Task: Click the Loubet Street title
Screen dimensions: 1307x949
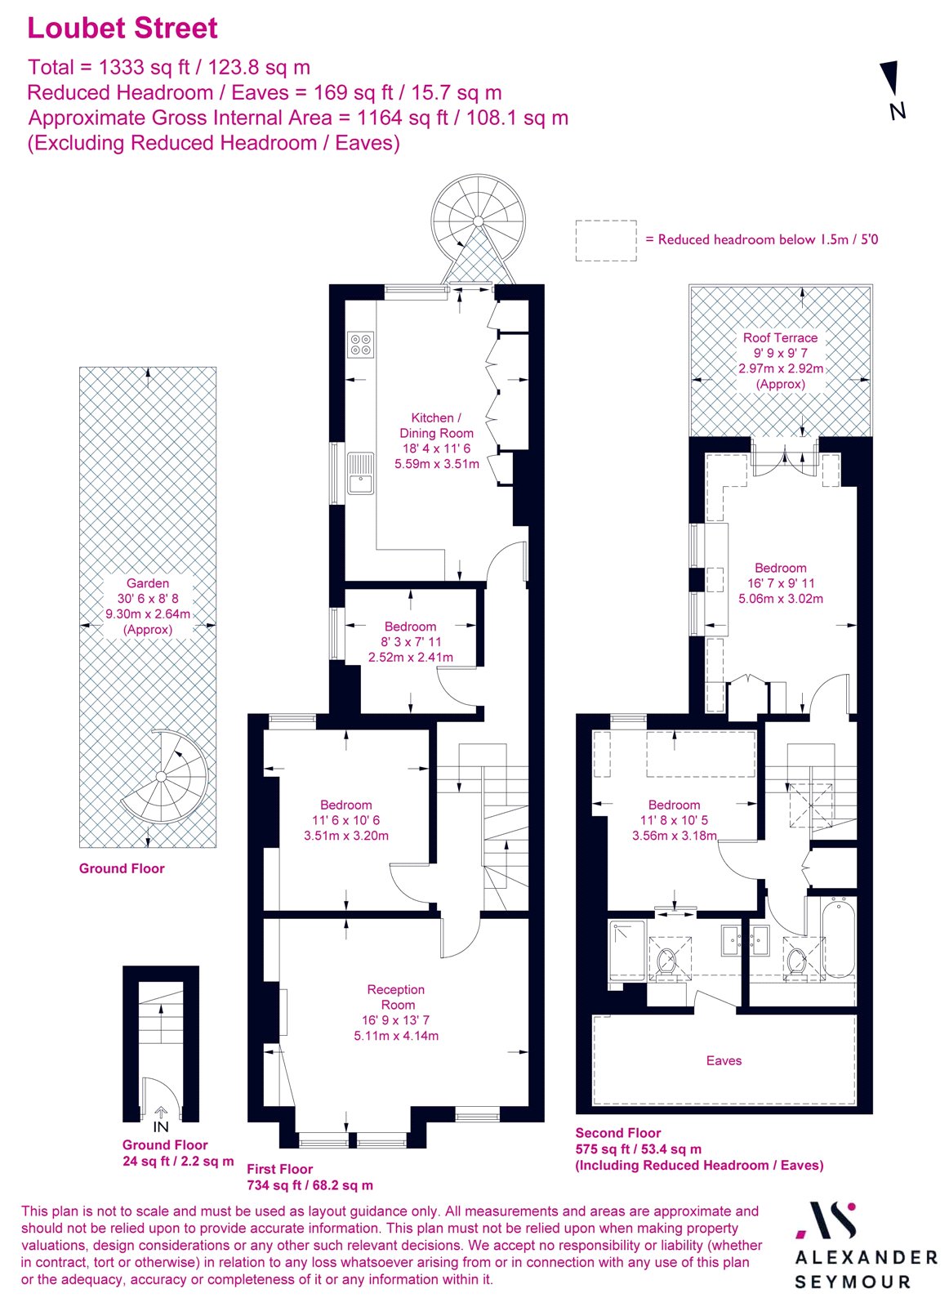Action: tap(123, 28)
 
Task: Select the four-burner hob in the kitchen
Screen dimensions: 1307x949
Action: tap(360, 344)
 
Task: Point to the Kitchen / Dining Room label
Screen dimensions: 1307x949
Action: tap(436, 426)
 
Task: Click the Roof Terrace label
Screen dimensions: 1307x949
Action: tap(780, 337)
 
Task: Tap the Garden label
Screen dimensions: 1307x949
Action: tap(148, 583)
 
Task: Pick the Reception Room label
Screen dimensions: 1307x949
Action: tap(396, 997)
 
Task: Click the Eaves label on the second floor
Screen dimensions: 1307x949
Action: tap(724, 1060)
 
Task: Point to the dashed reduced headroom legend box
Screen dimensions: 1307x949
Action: tap(606, 240)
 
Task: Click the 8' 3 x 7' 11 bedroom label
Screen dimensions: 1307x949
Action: tap(410, 642)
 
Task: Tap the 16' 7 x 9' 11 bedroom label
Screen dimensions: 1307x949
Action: tap(781, 583)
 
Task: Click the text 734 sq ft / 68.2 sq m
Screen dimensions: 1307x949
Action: tap(310, 1184)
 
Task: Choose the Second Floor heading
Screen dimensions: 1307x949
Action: tap(618, 1133)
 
